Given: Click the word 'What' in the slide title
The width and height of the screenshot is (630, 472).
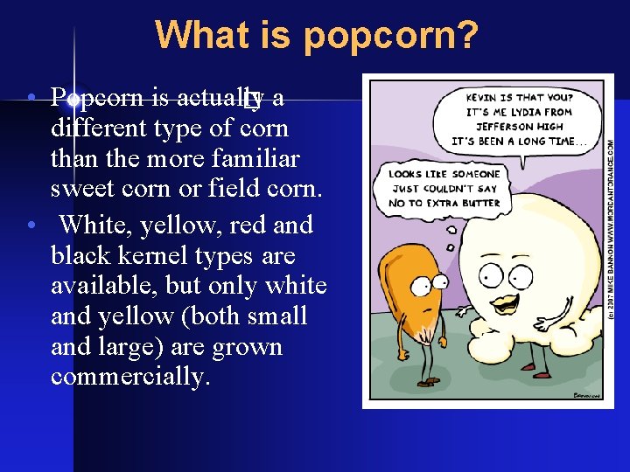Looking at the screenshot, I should pyautogui.click(x=193, y=36).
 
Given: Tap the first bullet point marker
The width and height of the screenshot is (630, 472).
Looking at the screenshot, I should pyautogui.click(x=31, y=96).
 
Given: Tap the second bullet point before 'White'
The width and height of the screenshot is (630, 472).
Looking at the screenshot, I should pyautogui.click(x=31, y=226).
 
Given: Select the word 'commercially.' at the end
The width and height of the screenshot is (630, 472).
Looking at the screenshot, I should pyautogui.click(x=130, y=377).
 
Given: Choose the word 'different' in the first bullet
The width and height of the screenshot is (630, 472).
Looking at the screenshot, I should pyautogui.click(x=98, y=128).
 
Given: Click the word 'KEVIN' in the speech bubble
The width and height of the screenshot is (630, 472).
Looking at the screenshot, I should pyautogui.click(x=486, y=98).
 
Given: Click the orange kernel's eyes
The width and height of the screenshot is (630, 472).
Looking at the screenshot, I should pyautogui.click(x=431, y=282).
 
